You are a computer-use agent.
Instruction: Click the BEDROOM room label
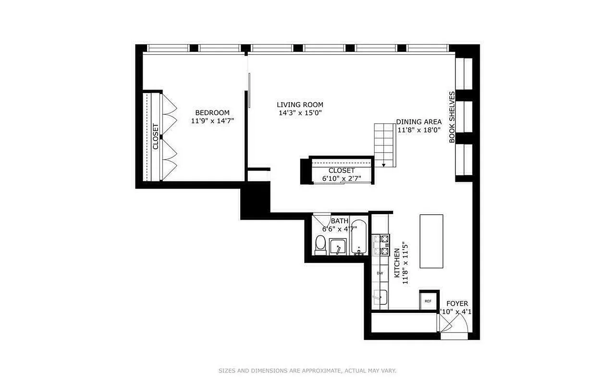[x=212, y=113]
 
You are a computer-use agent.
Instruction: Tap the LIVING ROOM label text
[x=300, y=105]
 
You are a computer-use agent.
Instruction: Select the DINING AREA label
[x=419, y=122]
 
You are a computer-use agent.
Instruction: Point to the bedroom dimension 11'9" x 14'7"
[x=212, y=121]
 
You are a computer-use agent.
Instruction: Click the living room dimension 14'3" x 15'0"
[x=300, y=113]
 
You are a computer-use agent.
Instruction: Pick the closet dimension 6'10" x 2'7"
[x=342, y=179]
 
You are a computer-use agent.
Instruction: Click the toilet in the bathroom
[x=320, y=245]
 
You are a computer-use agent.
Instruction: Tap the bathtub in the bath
[x=358, y=238]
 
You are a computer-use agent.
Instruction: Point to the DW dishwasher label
[x=380, y=273]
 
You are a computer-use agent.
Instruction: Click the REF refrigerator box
[x=428, y=301]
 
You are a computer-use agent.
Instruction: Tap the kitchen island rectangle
[x=431, y=241]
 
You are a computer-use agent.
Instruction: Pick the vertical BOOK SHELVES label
[x=452, y=117]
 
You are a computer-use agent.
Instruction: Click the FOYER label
[x=457, y=304]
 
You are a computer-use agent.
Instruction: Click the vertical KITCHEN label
[x=397, y=263]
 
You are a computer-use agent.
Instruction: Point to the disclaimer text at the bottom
[x=307, y=371]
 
